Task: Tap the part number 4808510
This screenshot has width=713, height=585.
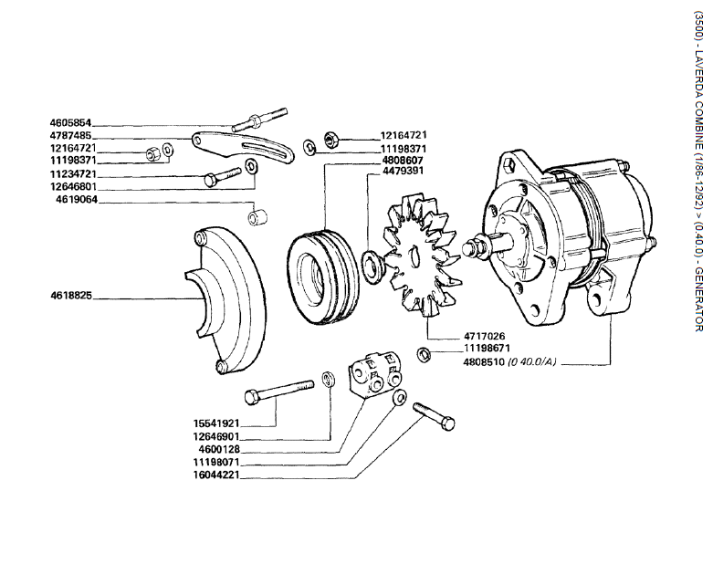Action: (485, 361)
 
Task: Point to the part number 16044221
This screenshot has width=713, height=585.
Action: (216, 475)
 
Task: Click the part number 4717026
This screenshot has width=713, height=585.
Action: (485, 336)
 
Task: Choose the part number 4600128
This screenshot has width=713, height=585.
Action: (216, 450)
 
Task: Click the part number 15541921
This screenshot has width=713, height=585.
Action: (216, 424)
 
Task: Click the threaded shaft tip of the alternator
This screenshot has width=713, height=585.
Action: (474, 247)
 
